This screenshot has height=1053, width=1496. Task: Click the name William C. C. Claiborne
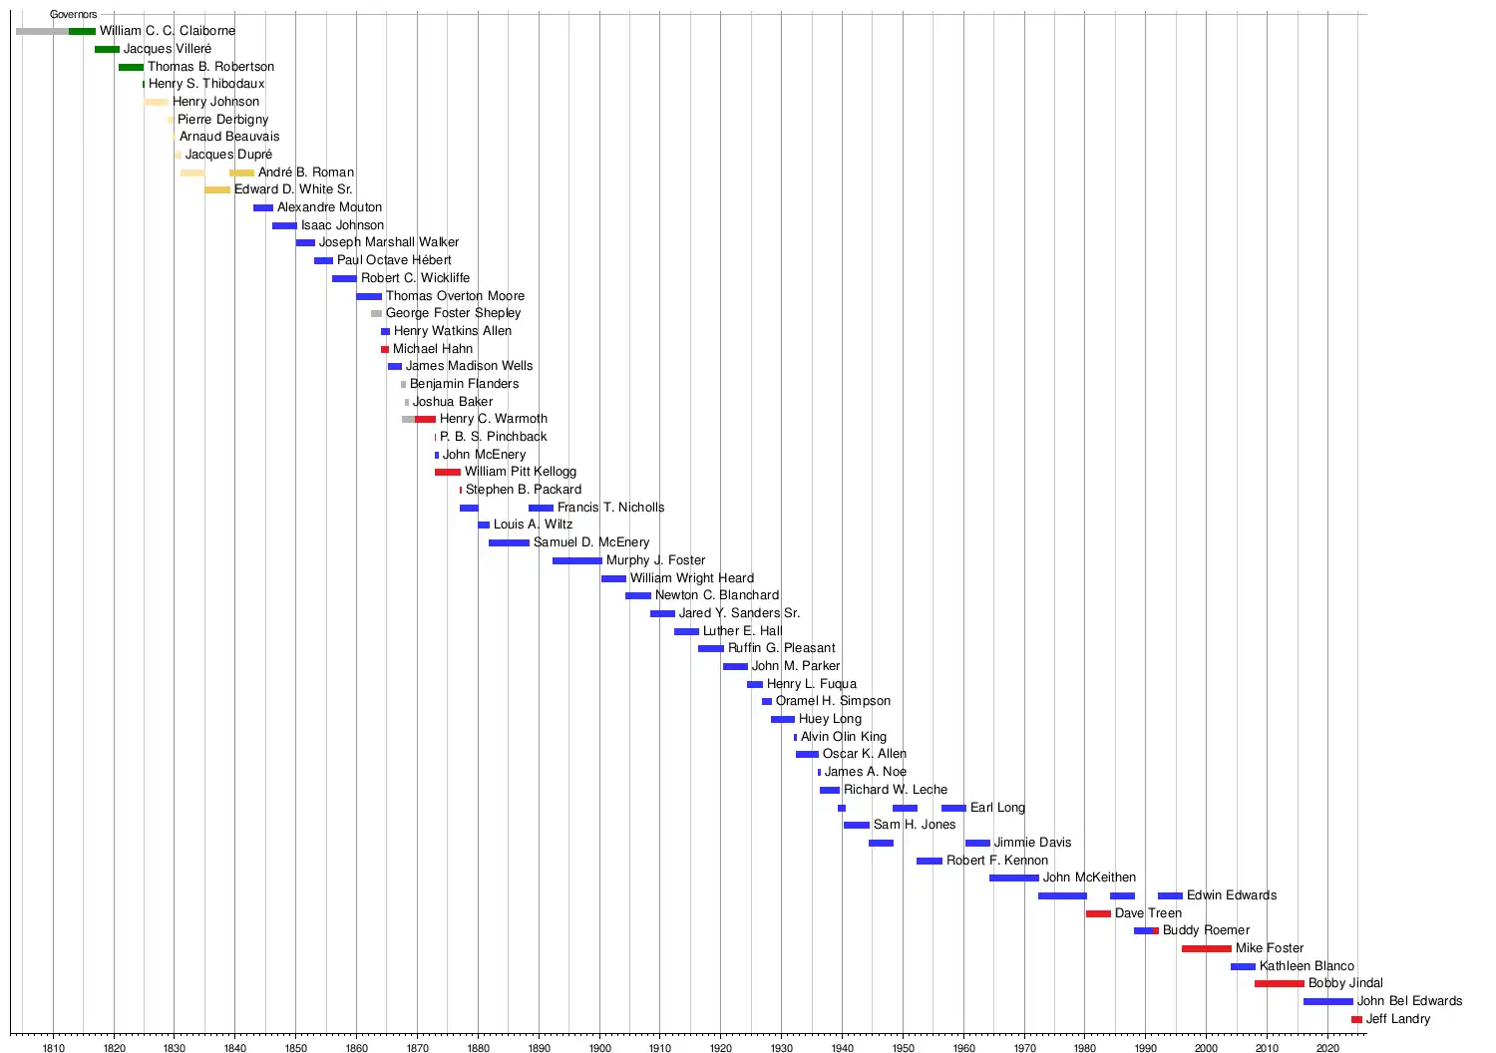tap(168, 31)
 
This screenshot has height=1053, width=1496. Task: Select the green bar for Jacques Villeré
tap(107, 49)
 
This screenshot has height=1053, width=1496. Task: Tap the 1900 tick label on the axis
tap(599, 1048)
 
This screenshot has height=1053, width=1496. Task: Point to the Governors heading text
tap(74, 15)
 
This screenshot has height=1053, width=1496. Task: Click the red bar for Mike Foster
tap(1207, 948)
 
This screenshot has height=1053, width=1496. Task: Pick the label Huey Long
tap(830, 719)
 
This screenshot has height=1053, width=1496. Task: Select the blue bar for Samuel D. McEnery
tap(509, 542)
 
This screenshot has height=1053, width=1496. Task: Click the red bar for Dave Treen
tap(1098, 913)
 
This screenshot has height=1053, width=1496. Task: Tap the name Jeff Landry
tap(1398, 1019)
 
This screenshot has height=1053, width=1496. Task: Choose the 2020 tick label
tap(1327, 1048)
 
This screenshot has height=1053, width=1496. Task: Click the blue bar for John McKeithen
tap(1014, 878)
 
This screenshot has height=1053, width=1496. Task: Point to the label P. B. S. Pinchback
tap(494, 437)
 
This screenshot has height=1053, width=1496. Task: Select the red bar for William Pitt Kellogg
tap(448, 472)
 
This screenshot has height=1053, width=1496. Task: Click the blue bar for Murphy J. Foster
tap(577, 560)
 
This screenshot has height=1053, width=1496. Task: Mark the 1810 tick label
tap(54, 1048)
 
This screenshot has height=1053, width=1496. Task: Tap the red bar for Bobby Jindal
tap(1280, 984)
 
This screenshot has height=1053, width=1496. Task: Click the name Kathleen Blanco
tap(1307, 966)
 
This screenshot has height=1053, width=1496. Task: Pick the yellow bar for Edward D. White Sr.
tap(217, 189)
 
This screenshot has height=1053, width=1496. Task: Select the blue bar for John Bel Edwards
tap(1328, 1001)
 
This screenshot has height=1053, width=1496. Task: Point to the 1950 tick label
tap(903, 1048)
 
